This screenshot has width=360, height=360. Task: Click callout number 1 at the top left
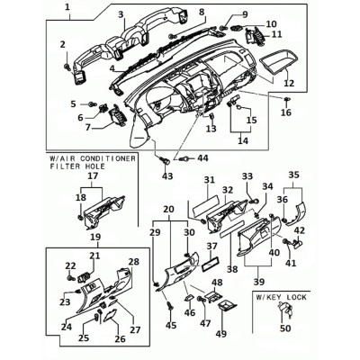(x=67, y=7)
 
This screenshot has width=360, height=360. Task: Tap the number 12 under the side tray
(x=289, y=83)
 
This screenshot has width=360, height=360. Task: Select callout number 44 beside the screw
(x=202, y=158)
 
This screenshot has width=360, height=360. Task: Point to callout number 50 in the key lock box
(x=285, y=328)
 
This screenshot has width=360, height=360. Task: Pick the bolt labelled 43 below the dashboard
(x=166, y=161)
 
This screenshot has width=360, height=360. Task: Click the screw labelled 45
(x=170, y=306)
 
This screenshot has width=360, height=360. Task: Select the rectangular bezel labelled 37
(x=210, y=265)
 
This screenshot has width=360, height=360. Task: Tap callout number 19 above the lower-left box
(x=95, y=237)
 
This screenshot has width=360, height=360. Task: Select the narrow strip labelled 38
(x=232, y=229)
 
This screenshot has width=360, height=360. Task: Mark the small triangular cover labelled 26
(x=110, y=316)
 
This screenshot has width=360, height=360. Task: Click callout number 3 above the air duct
(x=121, y=14)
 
